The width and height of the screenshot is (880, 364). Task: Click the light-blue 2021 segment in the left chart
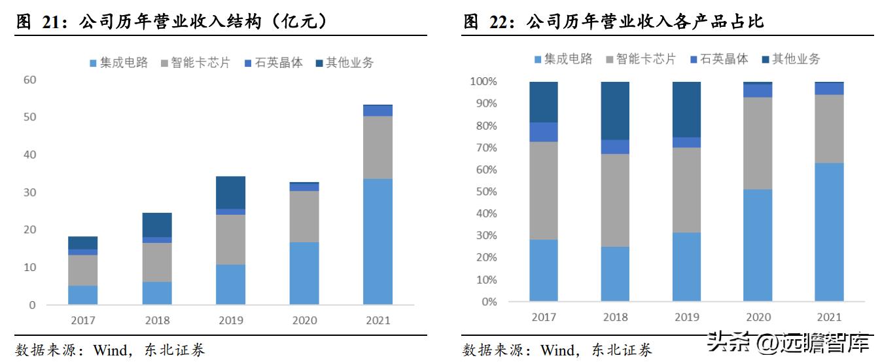[378, 242]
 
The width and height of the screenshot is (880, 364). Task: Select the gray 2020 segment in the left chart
[305, 217]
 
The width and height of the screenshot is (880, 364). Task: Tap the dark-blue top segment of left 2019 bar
[231, 192]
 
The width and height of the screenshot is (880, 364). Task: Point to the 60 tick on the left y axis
[29, 80]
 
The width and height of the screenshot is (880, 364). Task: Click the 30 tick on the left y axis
[29, 192]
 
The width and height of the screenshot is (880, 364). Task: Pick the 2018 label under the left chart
[157, 320]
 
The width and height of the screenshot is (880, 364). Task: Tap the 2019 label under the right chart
[686, 317]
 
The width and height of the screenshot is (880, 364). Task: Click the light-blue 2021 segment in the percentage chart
[829, 232]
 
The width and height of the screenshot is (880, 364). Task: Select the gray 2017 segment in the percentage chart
[544, 191]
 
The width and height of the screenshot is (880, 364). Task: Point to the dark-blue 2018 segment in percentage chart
[615, 111]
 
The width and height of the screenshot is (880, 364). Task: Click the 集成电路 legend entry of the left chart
[118, 63]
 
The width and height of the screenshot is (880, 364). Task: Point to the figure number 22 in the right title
[501, 22]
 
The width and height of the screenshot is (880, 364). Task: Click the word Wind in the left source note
[109, 350]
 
